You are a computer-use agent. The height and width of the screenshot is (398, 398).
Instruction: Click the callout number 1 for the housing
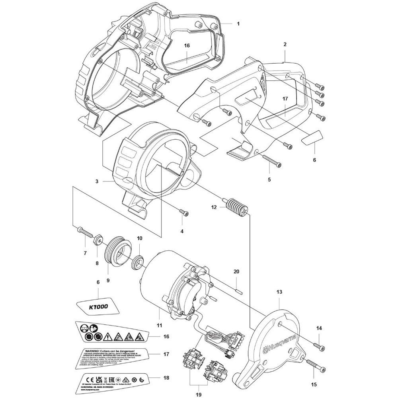tap(238, 24)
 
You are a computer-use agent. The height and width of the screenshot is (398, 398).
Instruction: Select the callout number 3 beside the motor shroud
tap(96, 181)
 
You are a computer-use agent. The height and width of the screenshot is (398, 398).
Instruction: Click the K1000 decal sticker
tap(98, 307)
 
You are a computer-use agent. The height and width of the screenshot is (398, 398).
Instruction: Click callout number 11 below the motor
tap(160, 325)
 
